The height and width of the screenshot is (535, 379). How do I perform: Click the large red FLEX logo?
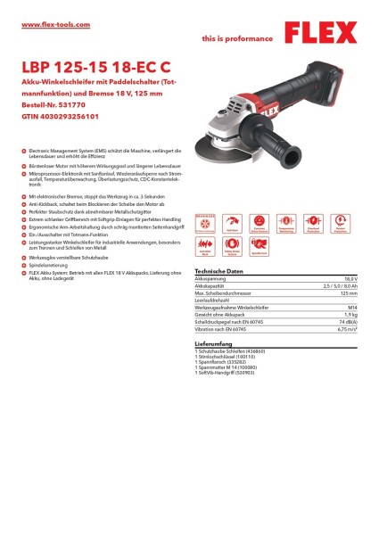[x=326, y=33]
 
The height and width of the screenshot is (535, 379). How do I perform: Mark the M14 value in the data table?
[x=355, y=306]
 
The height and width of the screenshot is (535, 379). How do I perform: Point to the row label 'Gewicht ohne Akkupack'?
[x=220, y=313]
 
